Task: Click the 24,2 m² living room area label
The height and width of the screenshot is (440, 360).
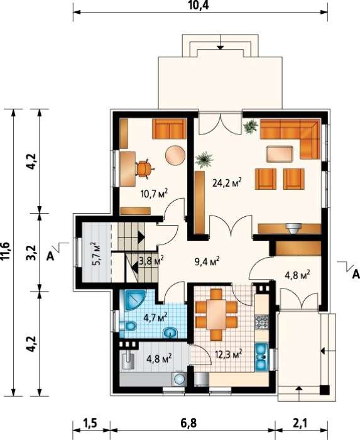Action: (x=227, y=183)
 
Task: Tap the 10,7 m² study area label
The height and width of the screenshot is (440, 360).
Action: (x=154, y=194)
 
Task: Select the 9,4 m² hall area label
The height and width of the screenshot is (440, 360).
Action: (x=207, y=262)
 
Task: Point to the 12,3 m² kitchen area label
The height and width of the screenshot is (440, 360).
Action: (x=229, y=354)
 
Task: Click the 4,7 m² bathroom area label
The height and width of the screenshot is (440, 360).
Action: (x=156, y=317)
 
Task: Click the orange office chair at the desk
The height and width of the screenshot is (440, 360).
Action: (x=145, y=169)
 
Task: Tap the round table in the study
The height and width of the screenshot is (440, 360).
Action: (x=175, y=155)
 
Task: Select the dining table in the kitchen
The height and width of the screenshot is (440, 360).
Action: (x=216, y=314)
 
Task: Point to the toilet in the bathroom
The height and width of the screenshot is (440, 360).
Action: (x=128, y=326)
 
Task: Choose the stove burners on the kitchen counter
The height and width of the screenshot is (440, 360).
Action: (x=261, y=322)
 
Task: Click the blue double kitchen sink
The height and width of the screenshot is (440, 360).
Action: (x=261, y=357)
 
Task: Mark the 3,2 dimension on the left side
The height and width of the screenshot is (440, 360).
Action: (x=33, y=253)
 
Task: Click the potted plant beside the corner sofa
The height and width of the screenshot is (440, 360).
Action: (x=251, y=126)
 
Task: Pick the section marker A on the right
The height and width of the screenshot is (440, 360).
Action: (x=356, y=274)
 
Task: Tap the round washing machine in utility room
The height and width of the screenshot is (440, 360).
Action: (x=178, y=379)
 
